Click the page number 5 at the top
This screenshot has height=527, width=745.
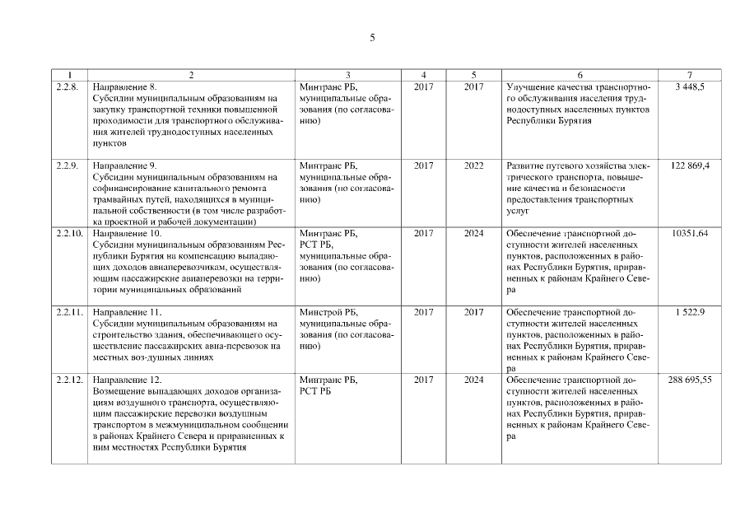(372, 38)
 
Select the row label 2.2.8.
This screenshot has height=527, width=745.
(67, 86)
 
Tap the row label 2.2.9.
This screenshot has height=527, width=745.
(67, 166)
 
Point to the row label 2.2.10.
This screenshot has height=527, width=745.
(68, 234)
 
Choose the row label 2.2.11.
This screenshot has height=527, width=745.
(68, 313)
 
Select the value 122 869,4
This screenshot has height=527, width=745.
(690, 166)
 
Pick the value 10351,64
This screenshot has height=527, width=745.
(690, 234)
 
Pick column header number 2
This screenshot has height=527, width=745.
(191, 75)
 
